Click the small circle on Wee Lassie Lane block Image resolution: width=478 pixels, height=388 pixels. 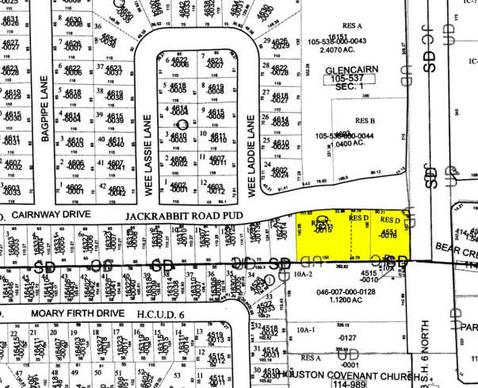click(182, 125)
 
